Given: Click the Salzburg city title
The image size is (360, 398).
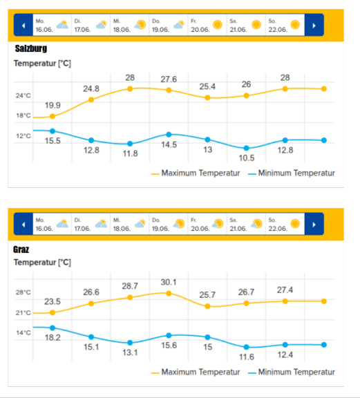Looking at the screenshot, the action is point(31,48).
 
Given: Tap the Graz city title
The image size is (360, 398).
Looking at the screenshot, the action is point(21,249).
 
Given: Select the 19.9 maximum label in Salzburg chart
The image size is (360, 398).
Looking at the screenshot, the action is point(53,105).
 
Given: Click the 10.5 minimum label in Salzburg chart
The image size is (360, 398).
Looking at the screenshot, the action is point(247,158).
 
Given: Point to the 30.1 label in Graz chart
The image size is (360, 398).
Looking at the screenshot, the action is point(169,282).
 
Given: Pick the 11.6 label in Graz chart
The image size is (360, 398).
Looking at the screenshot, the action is point(247,357).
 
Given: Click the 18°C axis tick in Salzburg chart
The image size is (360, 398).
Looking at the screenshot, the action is point(23,115).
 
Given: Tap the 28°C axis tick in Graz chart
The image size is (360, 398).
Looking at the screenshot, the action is point(23,292).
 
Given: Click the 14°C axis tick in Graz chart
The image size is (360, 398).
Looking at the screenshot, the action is point(23,332).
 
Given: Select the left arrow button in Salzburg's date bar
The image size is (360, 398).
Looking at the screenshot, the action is point(23,25).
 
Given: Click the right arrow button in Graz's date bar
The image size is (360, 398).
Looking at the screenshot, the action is point(314,224).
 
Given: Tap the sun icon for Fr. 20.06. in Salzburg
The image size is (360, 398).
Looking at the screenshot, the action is point(218,25).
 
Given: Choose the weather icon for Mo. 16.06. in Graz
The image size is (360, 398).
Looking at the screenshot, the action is point(62,224).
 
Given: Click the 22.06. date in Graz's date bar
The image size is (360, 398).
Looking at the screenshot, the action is point(278,229).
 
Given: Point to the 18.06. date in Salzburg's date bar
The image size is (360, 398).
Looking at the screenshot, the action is point(122,30).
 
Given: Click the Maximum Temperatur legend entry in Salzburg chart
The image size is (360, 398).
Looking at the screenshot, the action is point(196,173).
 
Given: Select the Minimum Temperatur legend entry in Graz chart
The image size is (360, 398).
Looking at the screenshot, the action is point(292,372).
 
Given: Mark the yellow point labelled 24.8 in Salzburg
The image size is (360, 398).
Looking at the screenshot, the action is point(91,99).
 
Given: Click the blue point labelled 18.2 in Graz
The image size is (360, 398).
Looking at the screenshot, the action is point(53,328).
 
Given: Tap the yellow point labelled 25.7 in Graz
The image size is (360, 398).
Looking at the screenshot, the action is point(207,306).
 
